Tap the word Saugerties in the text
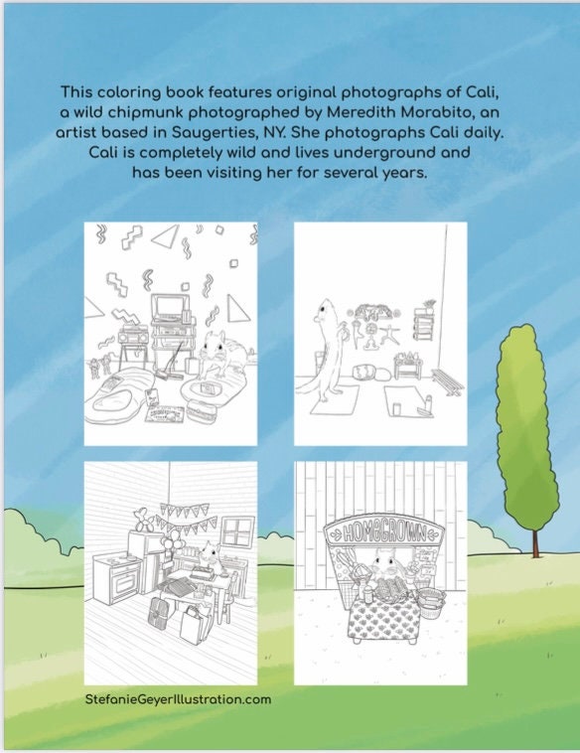tap(216, 132)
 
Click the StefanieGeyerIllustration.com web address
tap(178, 698)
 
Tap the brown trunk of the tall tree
tap(536, 541)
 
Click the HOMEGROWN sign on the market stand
tap(383, 532)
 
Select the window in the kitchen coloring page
tap(237, 532)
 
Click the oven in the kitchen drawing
tap(116, 581)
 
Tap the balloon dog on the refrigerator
tap(144, 519)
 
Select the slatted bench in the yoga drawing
tap(448, 381)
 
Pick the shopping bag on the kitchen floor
tap(196, 624)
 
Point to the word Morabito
tap(443, 112)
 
